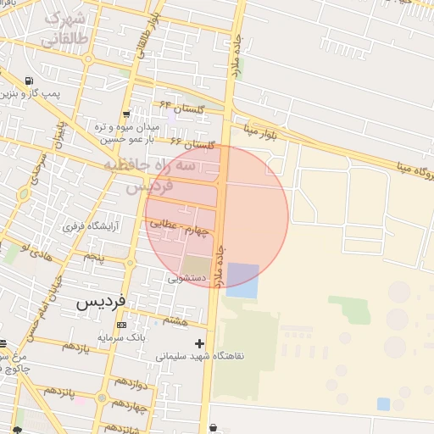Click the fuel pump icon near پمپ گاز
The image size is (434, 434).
coord(31,82)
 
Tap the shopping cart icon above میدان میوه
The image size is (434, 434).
coord(126,114)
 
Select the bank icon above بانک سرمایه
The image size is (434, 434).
coord(121,325)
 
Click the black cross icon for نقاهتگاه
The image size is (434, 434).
coord(199,343)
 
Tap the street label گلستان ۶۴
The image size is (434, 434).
coord(183,108)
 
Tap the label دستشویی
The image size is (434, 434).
coord(187,276)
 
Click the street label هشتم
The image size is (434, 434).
coord(175,320)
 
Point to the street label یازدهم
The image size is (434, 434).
coord(75,347)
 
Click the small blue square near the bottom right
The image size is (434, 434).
coord(383,403)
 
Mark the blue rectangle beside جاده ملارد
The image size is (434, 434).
coord(242,280)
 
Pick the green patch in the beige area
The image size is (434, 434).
coord(349,309)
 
